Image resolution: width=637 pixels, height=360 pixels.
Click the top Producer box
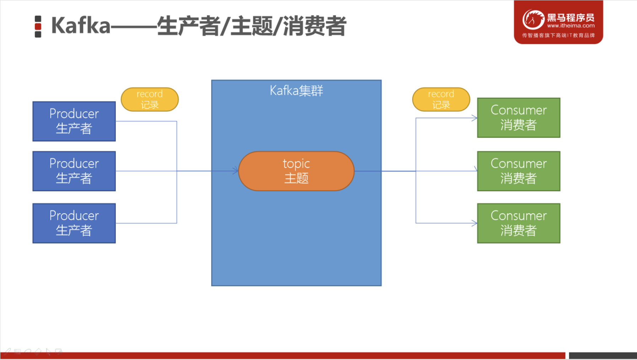pos(74,121)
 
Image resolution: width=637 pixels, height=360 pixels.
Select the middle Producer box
pos(74,171)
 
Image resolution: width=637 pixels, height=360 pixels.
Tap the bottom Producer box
pos(74,223)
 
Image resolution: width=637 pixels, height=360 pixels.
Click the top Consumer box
pos(519,118)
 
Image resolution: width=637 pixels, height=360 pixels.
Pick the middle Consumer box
pos(519,171)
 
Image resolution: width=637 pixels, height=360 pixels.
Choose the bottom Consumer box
pos(519,223)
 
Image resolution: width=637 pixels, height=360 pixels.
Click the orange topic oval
pos(296,171)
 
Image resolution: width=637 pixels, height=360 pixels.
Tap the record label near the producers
pos(150,99)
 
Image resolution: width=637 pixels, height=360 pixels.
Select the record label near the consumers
pos(441,99)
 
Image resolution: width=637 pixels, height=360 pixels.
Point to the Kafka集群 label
pos(296,91)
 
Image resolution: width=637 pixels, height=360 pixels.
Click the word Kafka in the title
pos(81,26)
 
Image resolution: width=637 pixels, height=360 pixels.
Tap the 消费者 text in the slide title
pos(315,26)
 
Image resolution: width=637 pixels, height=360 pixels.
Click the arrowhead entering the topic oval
pos(236,171)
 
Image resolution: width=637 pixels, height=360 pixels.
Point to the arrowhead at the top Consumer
pos(475,118)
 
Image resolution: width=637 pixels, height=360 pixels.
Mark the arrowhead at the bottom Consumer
pos(475,223)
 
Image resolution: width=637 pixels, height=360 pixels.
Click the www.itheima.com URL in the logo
pos(571,26)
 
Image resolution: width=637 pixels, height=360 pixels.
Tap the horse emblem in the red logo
pos(533,20)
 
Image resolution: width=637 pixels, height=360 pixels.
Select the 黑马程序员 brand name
pos(571,17)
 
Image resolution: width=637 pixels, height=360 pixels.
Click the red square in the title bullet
pos(38,27)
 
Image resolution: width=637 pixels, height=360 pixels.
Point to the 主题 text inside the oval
pos(296,178)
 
